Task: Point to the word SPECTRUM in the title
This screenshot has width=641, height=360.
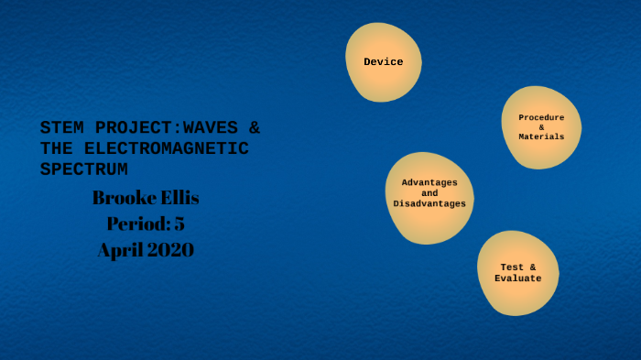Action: pos(84,169)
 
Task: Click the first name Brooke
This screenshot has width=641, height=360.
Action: pos(125,198)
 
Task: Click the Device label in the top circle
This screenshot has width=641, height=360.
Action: pos(383,62)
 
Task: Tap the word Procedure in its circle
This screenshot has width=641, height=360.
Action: pos(541,117)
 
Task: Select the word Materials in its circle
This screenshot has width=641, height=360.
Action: pos(541,136)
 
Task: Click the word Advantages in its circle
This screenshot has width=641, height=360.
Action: pos(429,182)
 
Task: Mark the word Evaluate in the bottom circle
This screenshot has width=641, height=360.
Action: pos(517,278)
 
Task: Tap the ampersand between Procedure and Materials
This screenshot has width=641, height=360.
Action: pos(541,127)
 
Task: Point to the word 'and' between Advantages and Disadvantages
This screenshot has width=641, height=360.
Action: pos(429,192)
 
